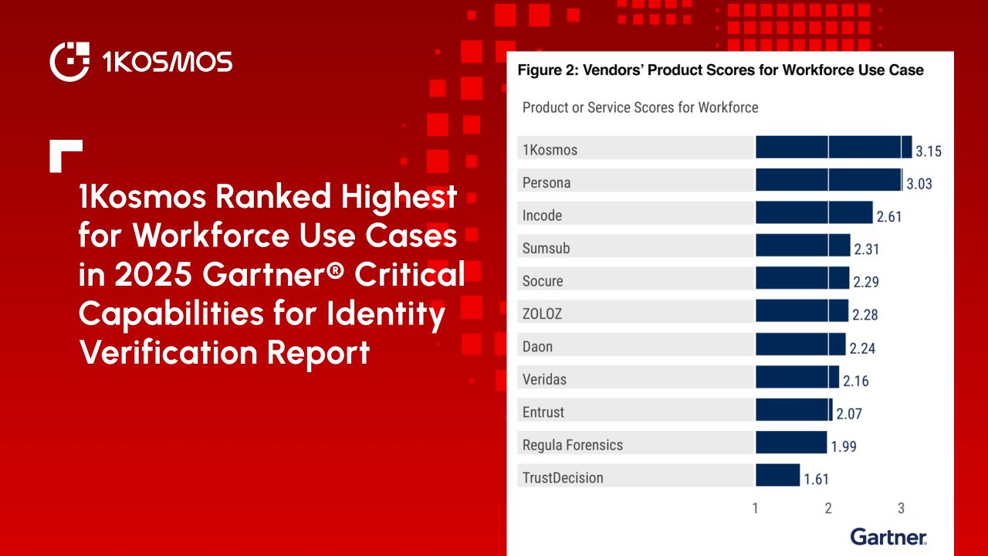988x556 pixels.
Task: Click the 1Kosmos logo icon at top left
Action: pyautogui.click(x=69, y=62)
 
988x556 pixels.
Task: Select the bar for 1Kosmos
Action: pyautogui.click(x=834, y=147)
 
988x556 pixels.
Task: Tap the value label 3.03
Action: pyautogui.click(x=919, y=184)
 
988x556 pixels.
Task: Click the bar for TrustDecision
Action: pyautogui.click(x=777, y=475)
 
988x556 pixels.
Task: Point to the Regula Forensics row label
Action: pyautogui.click(x=573, y=445)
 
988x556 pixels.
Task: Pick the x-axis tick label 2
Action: pyautogui.click(x=828, y=508)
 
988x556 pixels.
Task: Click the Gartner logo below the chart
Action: pyautogui.click(x=888, y=537)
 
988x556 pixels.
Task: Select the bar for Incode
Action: pyautogui.click(x=814, y=212)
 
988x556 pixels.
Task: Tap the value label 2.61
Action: pyautogui.click(x=889, y=217)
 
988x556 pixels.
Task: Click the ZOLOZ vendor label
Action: pyautogui.click(x=542, y=314)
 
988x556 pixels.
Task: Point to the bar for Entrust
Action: pyautogui.click(x=794, y=409)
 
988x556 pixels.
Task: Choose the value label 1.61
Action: pyautogui.click(x=817, y=480)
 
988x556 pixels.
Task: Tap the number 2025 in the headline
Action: pyautogui.click(x=153, y=274)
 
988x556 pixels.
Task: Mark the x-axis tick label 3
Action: pyautogui.click(x=901, y=508)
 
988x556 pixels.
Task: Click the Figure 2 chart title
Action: pyautogui.click(x=720, y=69)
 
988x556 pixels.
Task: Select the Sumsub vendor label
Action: pyautogui.click(x=546, y=248)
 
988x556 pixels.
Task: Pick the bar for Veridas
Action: pyautogui.click(x=797, y=377)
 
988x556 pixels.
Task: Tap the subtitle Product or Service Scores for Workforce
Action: pyautogui.click(x=640, y=107)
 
